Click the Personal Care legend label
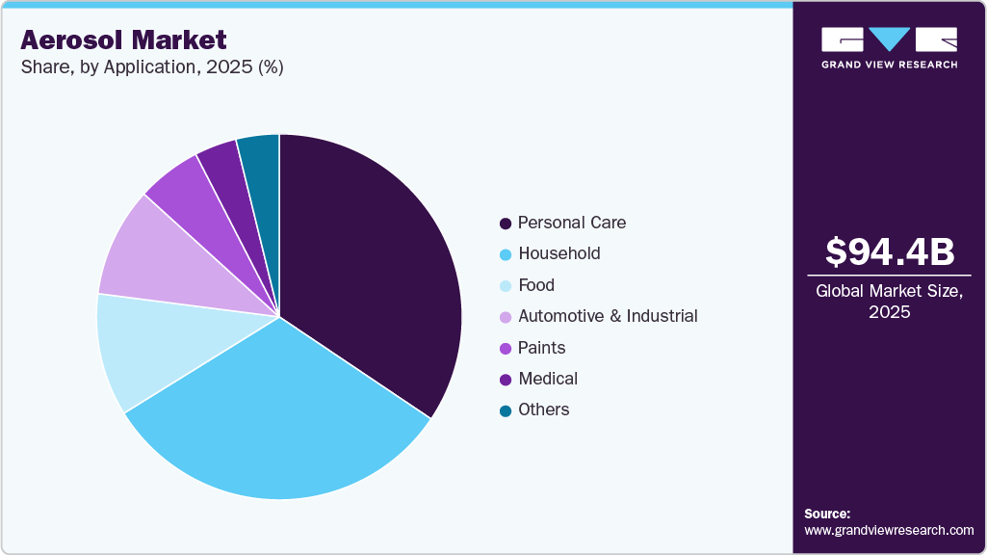click(x=571, y=223)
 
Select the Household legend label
click(x=558, y=253)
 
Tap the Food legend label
click(x=536, y=285)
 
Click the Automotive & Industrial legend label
click(x=608, y=316)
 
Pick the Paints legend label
click(x=541, y=348)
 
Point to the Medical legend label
click(x=548, y=379)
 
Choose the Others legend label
click(x=543, y=410)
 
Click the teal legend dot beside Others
click(x=506, y=410)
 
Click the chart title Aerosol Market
click(x=123, y=40)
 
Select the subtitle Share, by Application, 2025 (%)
click(x=151, y=67)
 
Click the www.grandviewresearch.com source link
click(x=889, y=530)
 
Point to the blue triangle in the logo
click(x=889, y=39)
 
